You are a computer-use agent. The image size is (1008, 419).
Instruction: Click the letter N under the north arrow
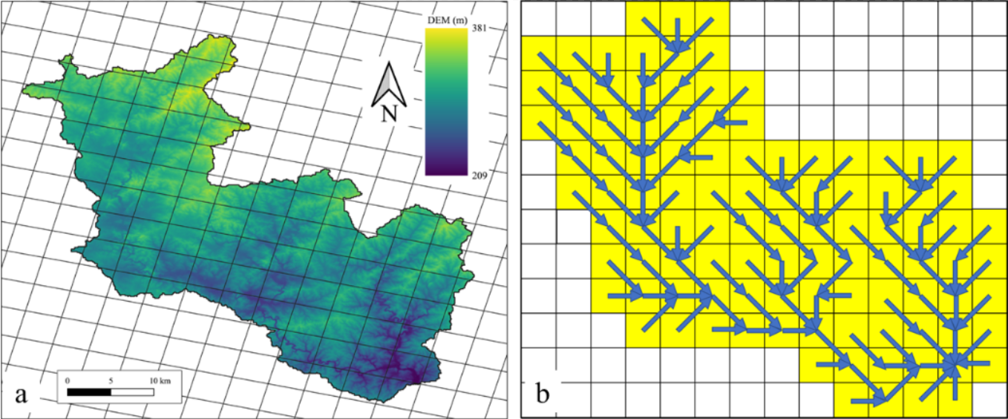tap(388, 114)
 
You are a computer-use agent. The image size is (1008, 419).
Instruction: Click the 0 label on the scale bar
tap(68, 380)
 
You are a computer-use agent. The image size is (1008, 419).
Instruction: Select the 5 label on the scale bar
tap(111, 380)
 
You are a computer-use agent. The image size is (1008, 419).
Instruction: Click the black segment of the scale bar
tap(89, 390)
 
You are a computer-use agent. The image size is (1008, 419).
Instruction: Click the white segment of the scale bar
tap(132, 390)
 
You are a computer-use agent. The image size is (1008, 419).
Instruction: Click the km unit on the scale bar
tap(166, 380)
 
